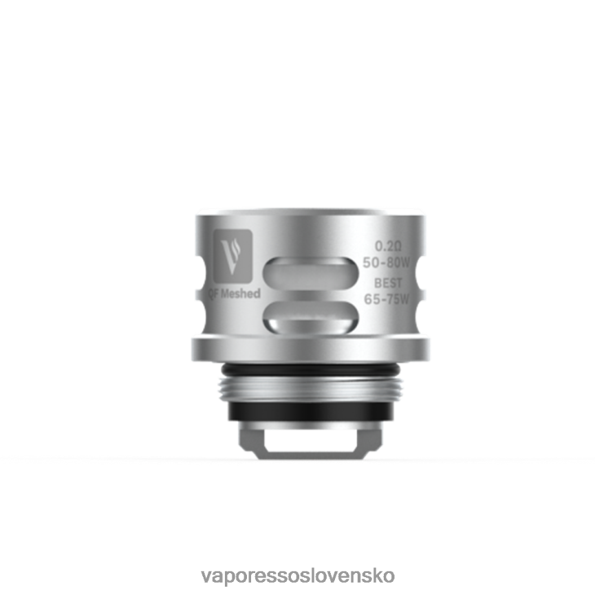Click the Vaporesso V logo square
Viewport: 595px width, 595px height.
(233, 255)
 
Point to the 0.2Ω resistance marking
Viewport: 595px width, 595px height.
(389, 246)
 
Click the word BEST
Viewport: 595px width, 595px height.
(389, 283)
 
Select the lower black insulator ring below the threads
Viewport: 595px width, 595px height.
(311, 415)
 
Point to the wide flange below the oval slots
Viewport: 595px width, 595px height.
(311, 347)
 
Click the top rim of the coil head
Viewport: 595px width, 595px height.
(311, 212)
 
